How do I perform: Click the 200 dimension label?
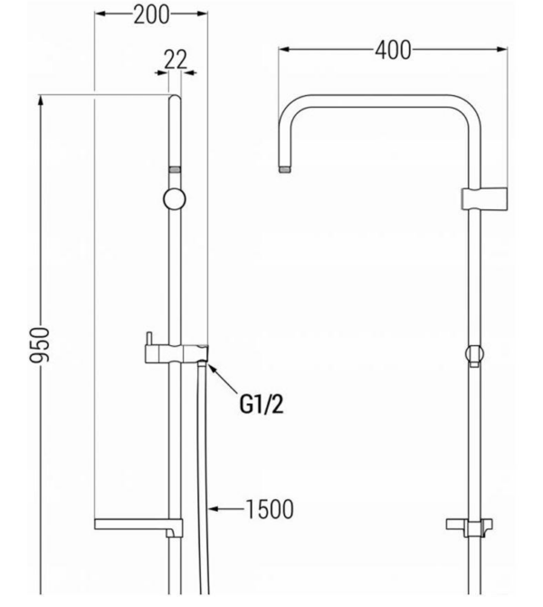pyautogui.click(x=151, y=15)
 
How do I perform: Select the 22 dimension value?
pyautogui.click(x=176, y=60)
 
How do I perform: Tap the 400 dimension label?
pyautogui.click(x=393, y=51)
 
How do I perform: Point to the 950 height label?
pyautogui.click(x=40, y=345)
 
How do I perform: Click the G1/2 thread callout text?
pyautogui.click(x=262, y=405)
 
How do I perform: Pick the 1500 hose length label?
pyautogui.click(x=270, y=509)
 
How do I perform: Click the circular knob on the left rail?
pyautogui.click(x=175, y=199)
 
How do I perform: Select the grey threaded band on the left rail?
pyautogui.click(x=175, y=169)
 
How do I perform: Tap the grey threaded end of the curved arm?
pyautogui.click(x=284, y=169)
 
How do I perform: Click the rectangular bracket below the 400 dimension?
pyautogui.click(x=484, y=199)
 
